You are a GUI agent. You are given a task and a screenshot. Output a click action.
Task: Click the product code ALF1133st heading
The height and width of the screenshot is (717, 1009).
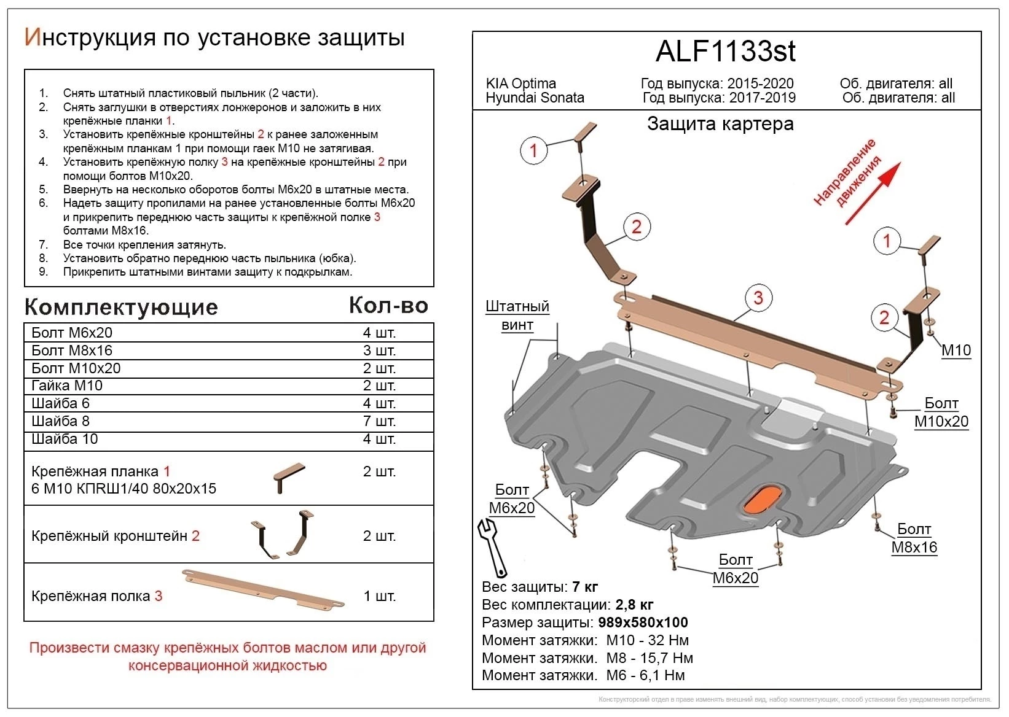[x=725, y=52]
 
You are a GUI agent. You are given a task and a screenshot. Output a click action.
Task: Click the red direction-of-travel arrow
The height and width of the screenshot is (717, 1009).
[x=873, y=193]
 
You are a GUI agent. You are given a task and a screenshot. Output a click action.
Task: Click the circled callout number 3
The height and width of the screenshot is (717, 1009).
[x=758, y=298]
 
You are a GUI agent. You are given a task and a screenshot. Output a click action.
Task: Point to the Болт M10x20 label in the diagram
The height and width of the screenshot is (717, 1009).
[x=941, y=413]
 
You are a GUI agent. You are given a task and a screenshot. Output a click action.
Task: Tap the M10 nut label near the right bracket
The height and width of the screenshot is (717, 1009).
[x=956, y=351]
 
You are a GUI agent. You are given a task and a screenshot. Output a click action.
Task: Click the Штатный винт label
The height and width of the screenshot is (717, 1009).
[x=517, y=316]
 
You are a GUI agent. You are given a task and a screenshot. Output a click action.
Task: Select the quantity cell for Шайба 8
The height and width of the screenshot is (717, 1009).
[x=379, y=421]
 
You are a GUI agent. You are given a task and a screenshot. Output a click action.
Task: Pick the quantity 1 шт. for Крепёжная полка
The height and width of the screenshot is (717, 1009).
[x=379, y=596]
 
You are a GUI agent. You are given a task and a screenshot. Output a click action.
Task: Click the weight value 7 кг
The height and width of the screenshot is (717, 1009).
[x=584, y=587]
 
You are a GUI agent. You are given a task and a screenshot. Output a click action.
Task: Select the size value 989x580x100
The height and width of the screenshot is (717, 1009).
[x=643, y=622]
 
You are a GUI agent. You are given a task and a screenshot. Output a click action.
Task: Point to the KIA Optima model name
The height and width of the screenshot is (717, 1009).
[x=520, y=83]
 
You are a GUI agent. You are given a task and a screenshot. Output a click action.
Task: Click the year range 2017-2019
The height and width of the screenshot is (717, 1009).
[x=762, y=98]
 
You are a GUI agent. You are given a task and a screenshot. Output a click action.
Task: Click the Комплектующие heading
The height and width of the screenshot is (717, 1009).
[x=121, y=307]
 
